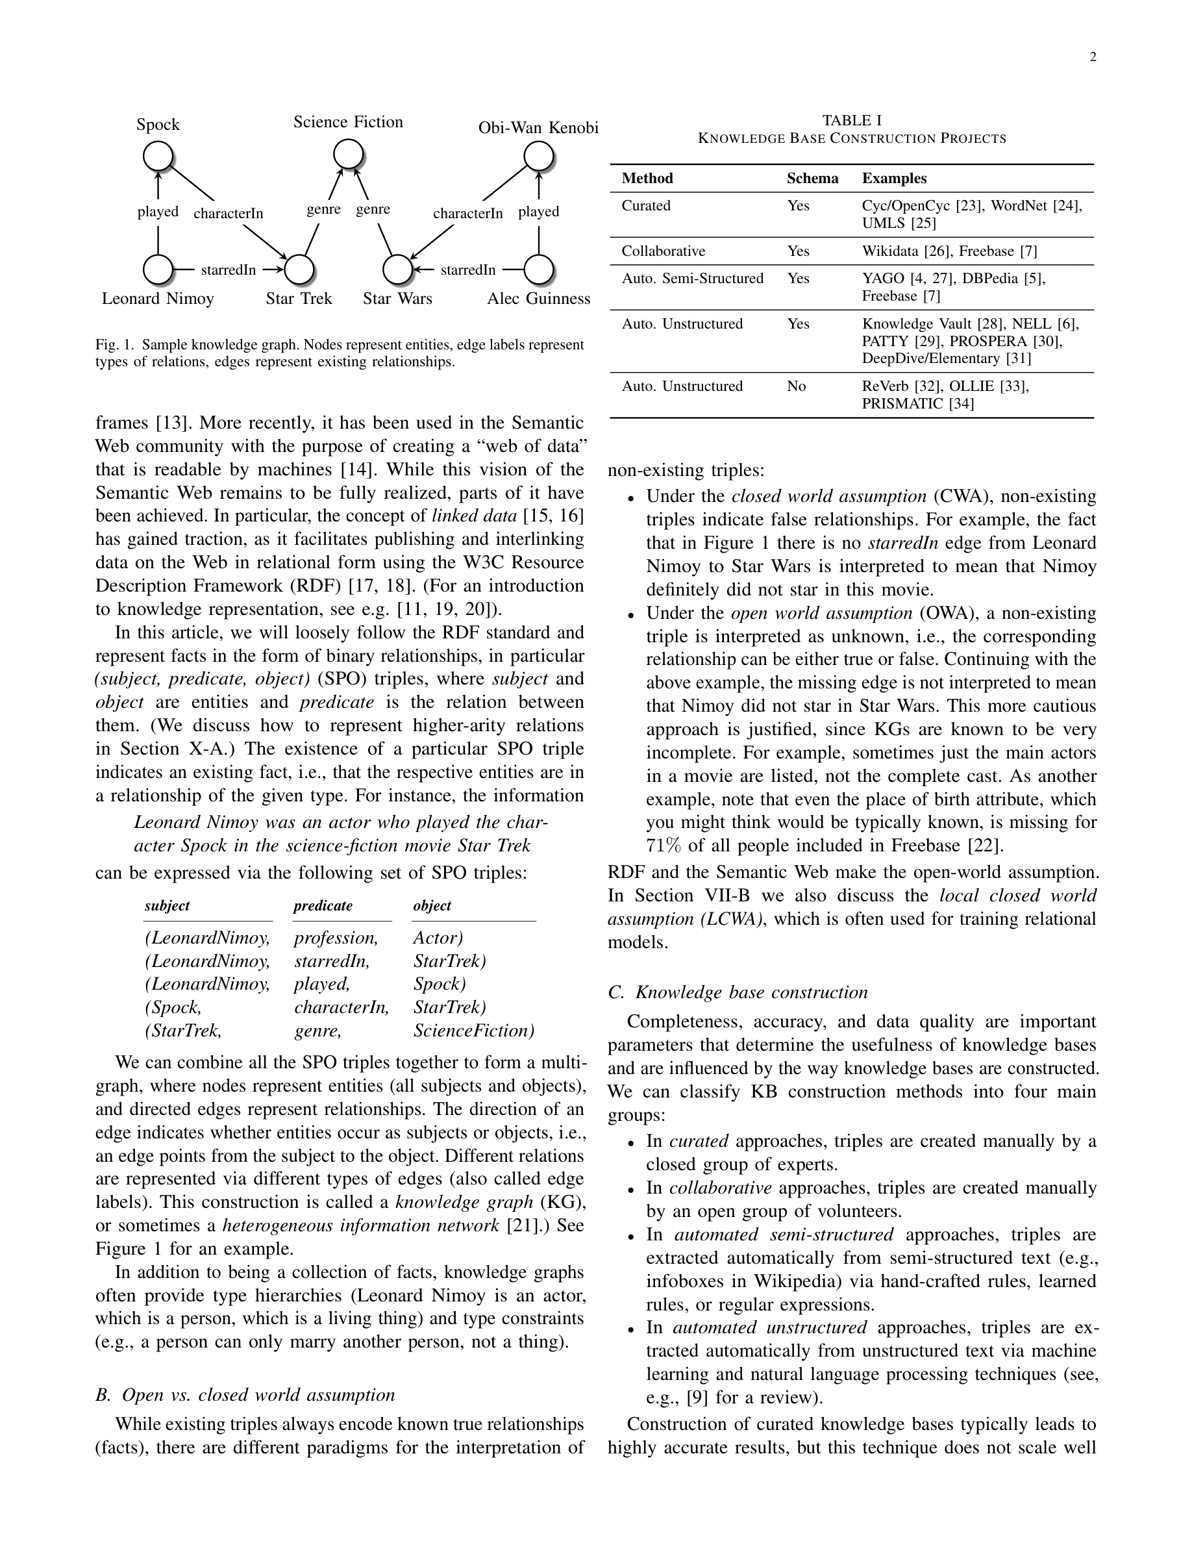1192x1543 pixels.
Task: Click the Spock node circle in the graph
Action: click(x=158, y=155)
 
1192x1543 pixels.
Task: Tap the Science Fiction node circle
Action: click(x=349, y=154)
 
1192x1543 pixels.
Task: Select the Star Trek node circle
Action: click(x=299, y=269)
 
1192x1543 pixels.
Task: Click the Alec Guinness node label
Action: click(x=538, y=299)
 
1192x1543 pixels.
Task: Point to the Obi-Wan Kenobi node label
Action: click(x=538, y=128)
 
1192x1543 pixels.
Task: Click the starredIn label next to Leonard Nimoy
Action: click(x=228, y=270)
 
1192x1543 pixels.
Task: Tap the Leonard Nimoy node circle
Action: click(x=158, y=269)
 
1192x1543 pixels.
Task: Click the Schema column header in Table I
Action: click(x=812, y=179)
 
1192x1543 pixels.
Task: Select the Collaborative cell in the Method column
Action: click(x=663, y=251)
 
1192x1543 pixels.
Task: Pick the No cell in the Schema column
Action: click(x=796, y=386)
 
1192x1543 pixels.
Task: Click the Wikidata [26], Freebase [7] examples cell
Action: click(x=949, y=251)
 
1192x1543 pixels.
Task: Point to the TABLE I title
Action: click(x=852, y=121)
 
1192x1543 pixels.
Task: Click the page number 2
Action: click(x=1093, y=58)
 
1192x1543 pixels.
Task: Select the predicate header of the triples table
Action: click(x=323, y=907)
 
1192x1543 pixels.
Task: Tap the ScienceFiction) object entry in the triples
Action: click(x=474, y=1031)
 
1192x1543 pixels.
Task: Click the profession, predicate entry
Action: click(x=336, y=938)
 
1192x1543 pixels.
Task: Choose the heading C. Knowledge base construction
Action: click(x=738, y=993)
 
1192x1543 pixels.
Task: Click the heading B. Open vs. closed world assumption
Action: click(x=245, y=1396)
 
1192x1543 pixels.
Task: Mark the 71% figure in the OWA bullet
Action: click(x=661, y=846)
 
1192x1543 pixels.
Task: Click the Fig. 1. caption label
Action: click(x=114, y=345)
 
